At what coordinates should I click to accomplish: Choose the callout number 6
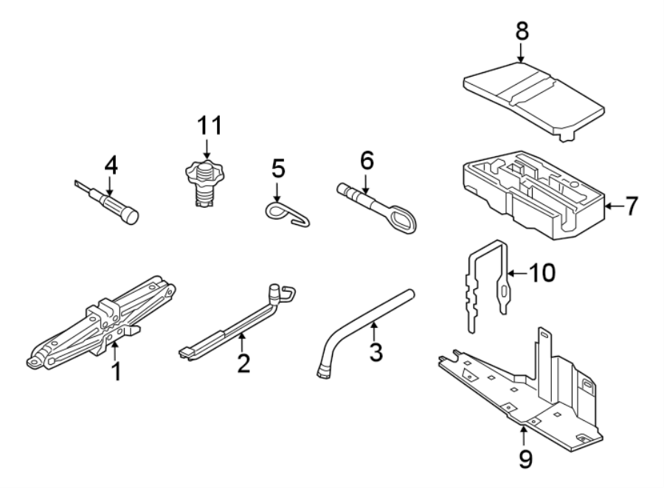pyautogui.click(x=367, y=159)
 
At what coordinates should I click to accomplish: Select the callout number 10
pyautogui.click(x=542, y=273)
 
